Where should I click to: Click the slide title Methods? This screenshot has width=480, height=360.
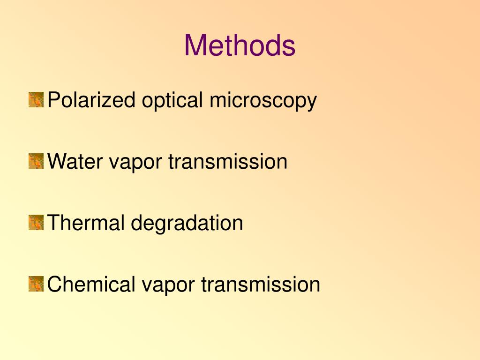tap(240, 45)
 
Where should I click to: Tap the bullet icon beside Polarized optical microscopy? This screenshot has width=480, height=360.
tap(36, 100)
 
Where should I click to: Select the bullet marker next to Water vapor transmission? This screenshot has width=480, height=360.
tap(36, 161)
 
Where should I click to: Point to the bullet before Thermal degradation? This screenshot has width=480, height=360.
tap(36, 223)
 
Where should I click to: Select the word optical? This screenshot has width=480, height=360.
tap(166, 101)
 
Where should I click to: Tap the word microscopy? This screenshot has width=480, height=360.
tap(263, 101)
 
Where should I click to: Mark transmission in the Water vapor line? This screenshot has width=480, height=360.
tap(228, 162)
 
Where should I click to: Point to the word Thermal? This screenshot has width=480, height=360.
tap(86, 223)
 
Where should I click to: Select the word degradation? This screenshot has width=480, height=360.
tap(187, 224)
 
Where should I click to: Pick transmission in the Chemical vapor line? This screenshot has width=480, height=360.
tap(261, 285)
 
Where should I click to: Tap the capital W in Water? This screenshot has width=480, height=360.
tap(56, 162)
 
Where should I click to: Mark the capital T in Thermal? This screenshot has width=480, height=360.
tap(53, 223)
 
